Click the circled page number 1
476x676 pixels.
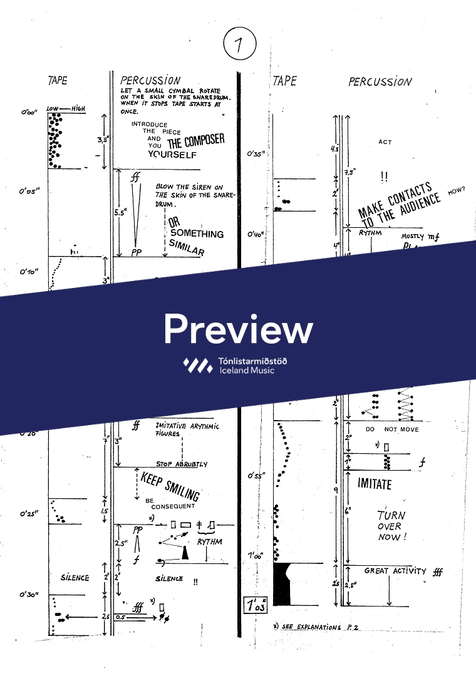237,44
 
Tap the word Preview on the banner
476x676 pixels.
238,329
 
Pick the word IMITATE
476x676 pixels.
375,484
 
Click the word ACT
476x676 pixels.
385,142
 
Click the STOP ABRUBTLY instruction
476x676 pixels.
182,464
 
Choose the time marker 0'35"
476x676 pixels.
256,153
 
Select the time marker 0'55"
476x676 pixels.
256,476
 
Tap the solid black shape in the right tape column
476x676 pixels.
285,583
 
